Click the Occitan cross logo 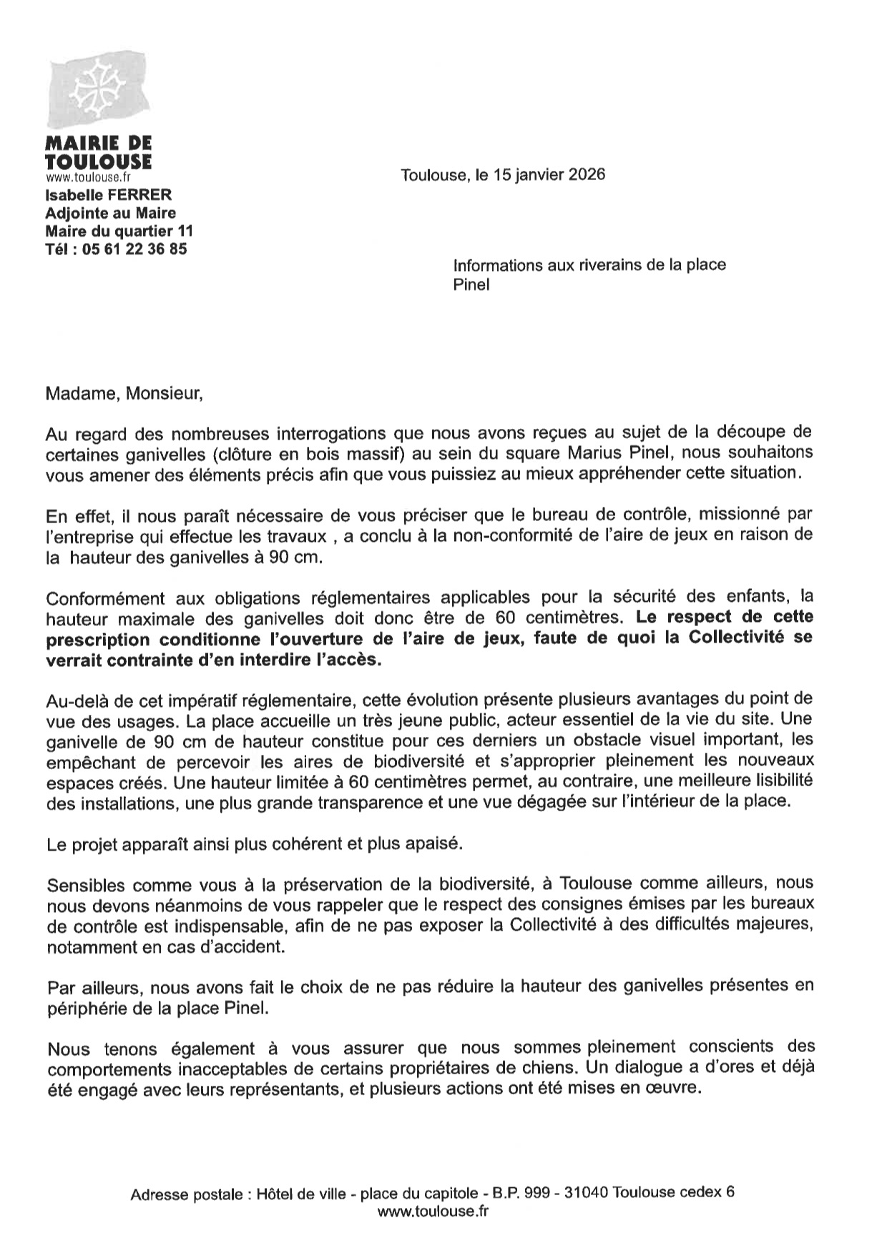[x=98, y=89]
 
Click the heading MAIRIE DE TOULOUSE [x=98, y=152]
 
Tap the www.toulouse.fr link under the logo [x=88, y=177]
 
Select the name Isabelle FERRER [x=108, y=194]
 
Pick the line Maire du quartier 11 [x=119, y=231]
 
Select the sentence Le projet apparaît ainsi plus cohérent [x=255, y=843]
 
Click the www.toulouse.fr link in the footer [x=433, y=1211]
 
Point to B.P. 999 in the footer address [x=520, y=1192]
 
